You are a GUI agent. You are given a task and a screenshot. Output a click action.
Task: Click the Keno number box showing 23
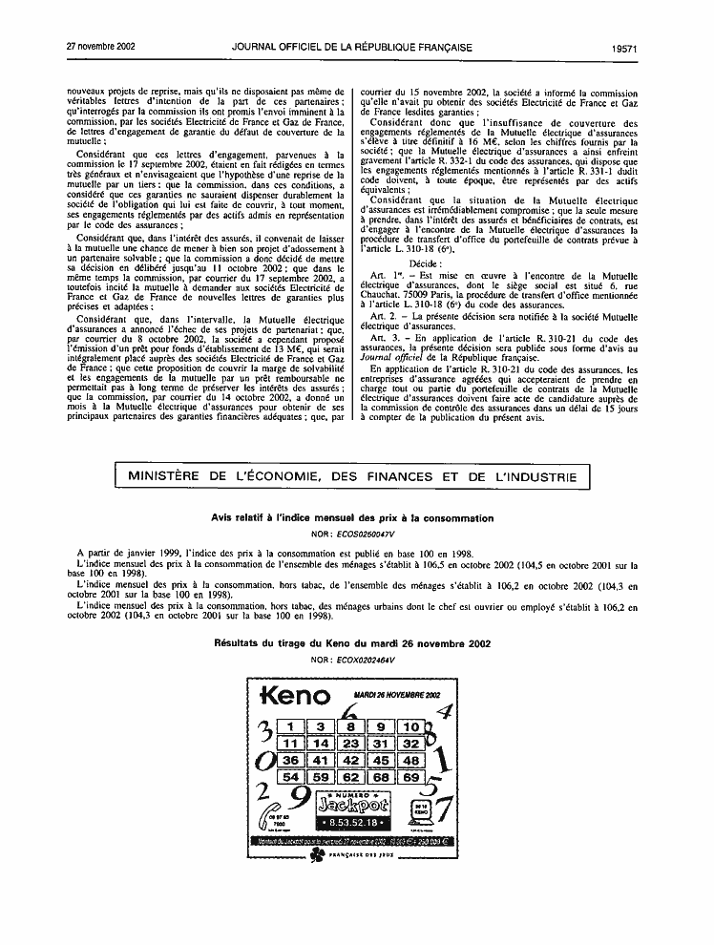[x=351, y=743]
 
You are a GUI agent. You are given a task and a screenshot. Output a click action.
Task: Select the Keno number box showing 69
[x=411, y=778]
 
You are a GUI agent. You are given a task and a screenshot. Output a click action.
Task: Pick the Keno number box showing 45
[x=381, y=761]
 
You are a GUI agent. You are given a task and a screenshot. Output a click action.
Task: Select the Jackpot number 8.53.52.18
[x=351, y=822]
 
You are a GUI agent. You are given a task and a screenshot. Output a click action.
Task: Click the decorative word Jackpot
[x=351, y=805]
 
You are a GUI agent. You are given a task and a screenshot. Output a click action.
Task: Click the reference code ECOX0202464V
[x=364, y=661]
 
